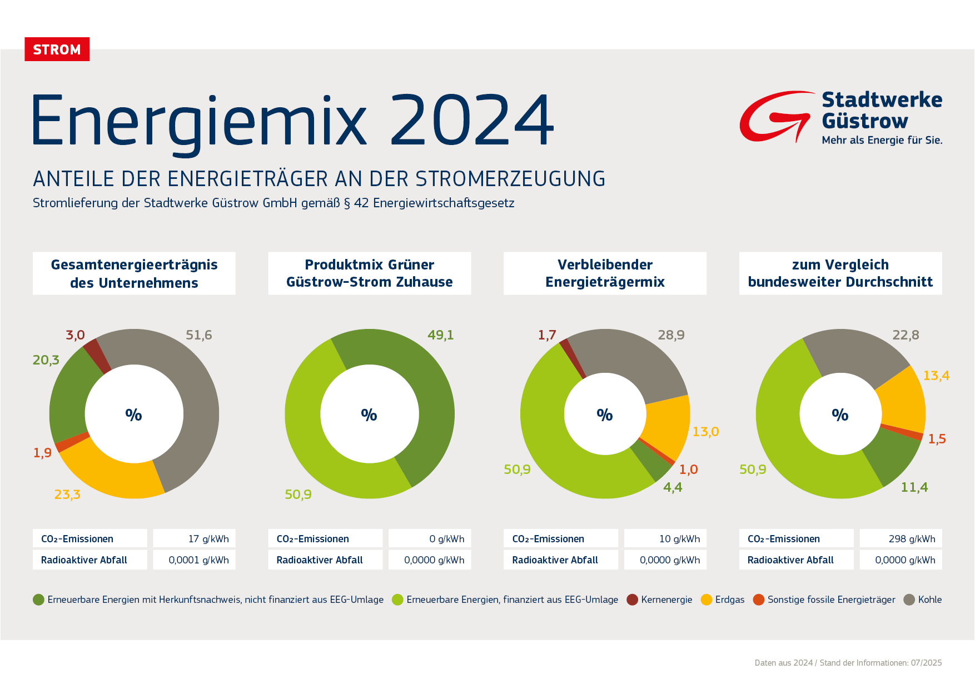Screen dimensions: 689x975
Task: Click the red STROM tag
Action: pyautogui.click(x=57, y=49)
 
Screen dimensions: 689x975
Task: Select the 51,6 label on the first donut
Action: pyautogui.click(x=198, y=335)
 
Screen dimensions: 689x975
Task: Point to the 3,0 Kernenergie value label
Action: pyautogui.click(x=75, y=335)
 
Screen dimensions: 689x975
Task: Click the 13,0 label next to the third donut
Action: pyautogui.click(x=705, y=432)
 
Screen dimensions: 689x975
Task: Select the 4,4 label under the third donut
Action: pyautogui.click(x=673, y=487)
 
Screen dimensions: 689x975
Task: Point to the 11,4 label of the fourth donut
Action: pyautogui.click(x=914, y=487)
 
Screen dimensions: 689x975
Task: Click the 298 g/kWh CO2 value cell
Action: pyautogui.click(x=901, y=538)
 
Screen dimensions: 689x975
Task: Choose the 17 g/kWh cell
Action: pyautogui.click(x=195, y=538)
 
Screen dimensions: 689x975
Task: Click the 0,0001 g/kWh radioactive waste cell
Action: pyautogui.click(x=195, y=560)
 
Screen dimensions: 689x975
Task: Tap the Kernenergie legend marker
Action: pyautogui.click(x=632, y=600)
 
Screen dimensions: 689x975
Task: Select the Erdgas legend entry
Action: pyautogui.click(x=723, y=600)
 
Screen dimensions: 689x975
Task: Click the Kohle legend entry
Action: pyautogui.click(x=923, y=600)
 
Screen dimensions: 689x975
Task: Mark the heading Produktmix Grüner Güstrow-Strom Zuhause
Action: pyautogui.click(x=370, y=273)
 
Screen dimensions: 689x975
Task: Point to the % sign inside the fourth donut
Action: pyautogui.click(x=840, y=415)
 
